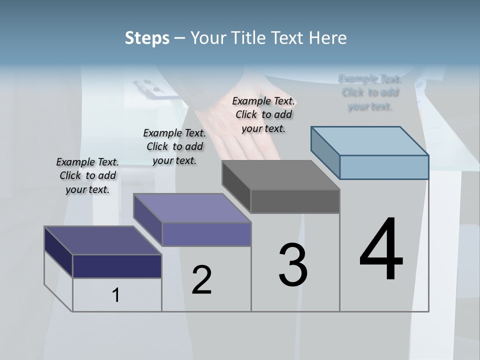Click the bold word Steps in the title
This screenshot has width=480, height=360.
147,38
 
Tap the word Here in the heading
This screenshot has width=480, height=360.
328,38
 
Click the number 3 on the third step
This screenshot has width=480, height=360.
293,265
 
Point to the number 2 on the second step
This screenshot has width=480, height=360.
201,280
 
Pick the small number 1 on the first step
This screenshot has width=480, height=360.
116,295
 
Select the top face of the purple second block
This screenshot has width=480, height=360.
192,208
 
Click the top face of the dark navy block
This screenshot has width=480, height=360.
102,240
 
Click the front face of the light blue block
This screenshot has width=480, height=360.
384,167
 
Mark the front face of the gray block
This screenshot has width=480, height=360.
295,201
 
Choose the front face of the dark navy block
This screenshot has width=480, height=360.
117,266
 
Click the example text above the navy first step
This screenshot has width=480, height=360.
87,175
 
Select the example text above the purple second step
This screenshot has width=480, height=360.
174,146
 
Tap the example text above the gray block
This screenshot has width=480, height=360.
263,114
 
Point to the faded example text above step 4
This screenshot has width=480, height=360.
370,92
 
